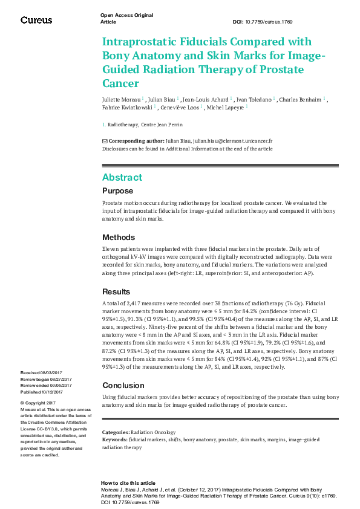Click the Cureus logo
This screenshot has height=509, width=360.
coord(36,20)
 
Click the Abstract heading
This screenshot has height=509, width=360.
coord(122,177)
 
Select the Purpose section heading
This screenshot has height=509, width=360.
coord(117,191)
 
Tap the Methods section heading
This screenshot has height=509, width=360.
coord(119,238)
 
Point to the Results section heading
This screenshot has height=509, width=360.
coord(116,291)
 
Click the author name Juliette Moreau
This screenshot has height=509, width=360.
coord(122,99)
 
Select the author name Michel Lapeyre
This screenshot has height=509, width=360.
coord(228,108)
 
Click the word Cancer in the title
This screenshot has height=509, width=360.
coord(120,83)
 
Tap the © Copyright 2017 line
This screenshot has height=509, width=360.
coord(38,403)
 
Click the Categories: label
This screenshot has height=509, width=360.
coord(116,433)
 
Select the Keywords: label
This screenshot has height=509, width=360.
coord(114,440)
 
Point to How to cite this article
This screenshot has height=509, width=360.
coord(128,484)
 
